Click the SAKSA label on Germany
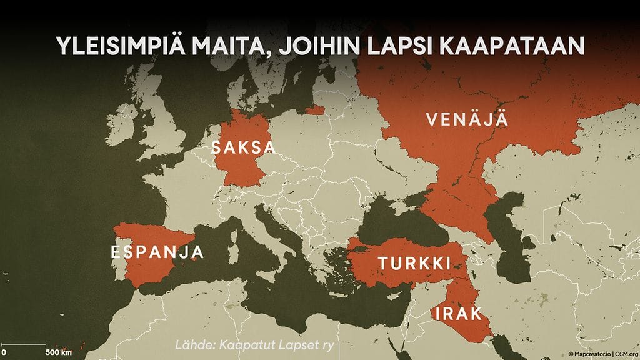pyautogui.click(x=243, y=148)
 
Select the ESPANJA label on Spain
pyautogui.click(x=157, y=252)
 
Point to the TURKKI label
pyautogui.click(x=414, y=264)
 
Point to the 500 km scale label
pyautogui.click(x=58, y=352)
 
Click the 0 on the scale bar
pyautogui.click(x=4, y=352)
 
